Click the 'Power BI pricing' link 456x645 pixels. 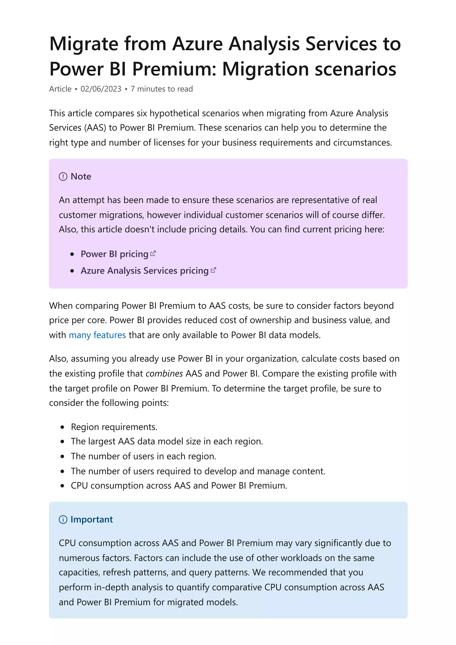114,254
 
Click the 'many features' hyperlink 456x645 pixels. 97,335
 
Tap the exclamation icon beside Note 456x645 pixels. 63,176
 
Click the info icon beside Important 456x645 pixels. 63,520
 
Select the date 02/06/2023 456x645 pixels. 101,89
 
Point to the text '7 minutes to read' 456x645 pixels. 162,89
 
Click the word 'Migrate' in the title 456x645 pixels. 84,44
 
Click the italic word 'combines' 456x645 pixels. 164,374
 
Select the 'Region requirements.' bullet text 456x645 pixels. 114,427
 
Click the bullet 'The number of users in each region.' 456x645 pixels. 143,456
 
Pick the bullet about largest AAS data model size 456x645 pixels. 167,441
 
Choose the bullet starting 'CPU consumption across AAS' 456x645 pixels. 179,485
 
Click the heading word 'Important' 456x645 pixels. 92,519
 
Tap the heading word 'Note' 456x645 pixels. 81,176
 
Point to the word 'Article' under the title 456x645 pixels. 60,89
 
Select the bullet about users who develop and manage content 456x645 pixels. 198,471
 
